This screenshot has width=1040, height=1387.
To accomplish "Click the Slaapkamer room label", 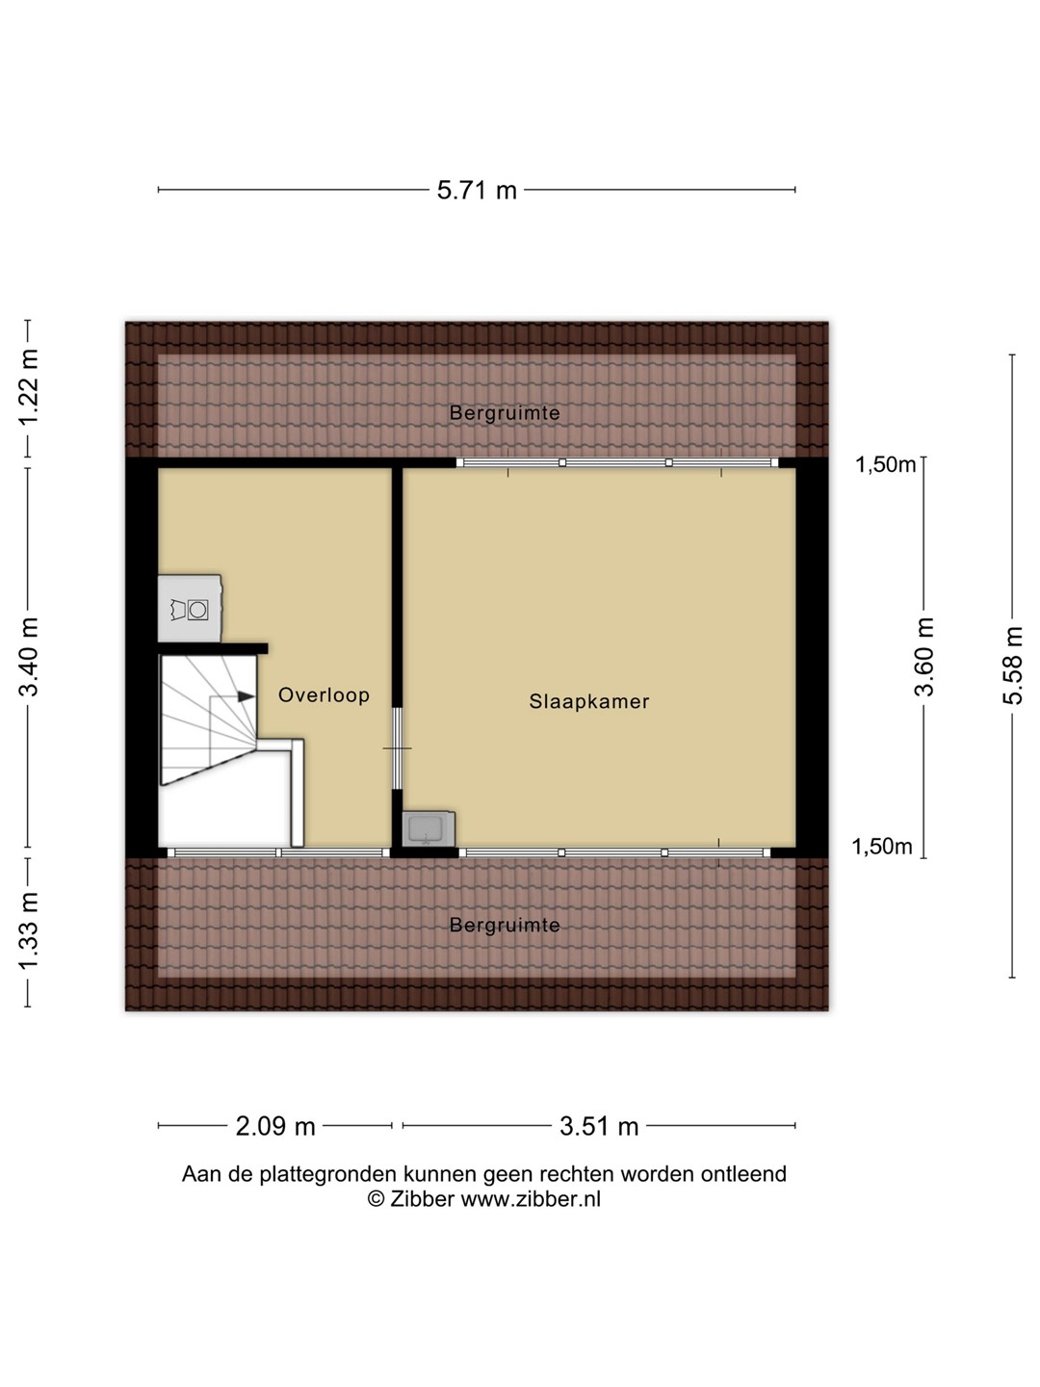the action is (588, 701).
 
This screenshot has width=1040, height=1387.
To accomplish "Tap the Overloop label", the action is (324, 695).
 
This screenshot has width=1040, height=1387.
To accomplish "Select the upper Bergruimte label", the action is (505, 413).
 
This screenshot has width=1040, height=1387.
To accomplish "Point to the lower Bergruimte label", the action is (505, 925).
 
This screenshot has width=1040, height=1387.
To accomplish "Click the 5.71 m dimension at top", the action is (477, 190).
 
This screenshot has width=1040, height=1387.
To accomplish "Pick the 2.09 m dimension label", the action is (275, 1126).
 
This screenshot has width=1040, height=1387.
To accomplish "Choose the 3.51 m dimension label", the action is (599, 1126).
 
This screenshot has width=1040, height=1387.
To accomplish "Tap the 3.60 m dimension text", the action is (923, 657).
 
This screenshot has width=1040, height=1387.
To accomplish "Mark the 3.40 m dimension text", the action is (29, 657).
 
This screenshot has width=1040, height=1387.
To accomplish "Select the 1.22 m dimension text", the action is (29, 388).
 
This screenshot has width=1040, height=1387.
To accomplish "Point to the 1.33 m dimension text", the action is (29, 930).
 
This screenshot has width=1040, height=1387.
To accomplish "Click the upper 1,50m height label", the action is (885, 465).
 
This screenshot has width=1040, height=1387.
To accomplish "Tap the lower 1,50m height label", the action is (882, 847).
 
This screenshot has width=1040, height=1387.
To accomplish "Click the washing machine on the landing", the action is (190, 608).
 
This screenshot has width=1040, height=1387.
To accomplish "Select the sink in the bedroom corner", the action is (429, 828).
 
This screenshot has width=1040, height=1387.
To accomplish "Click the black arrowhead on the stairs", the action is (247, 696).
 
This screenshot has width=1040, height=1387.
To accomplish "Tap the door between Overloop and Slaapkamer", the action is (397, 748).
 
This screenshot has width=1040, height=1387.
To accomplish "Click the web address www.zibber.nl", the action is (531, 1199).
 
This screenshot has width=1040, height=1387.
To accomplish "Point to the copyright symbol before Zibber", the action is (377, 1199).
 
